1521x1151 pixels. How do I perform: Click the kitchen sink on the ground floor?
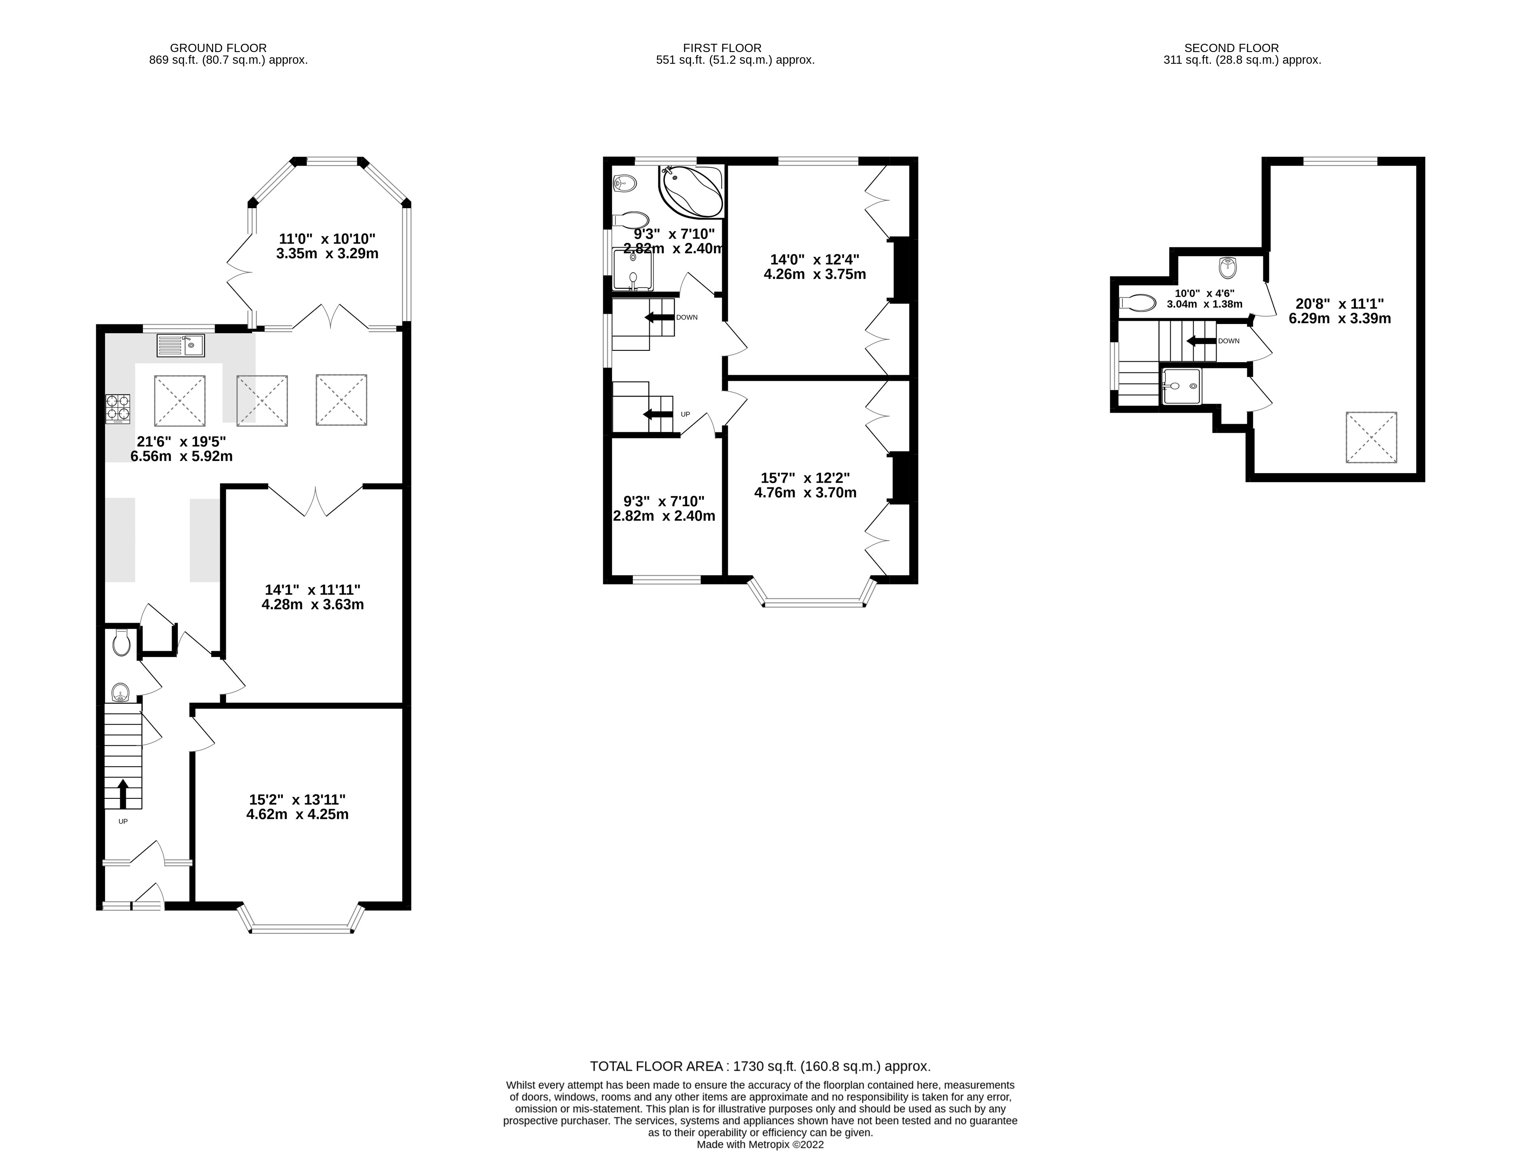pos(180,345)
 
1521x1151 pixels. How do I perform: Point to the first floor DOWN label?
pos(686,317)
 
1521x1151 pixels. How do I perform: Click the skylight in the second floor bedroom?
pos(1371,437)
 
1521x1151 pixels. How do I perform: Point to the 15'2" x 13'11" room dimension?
pos(297,807)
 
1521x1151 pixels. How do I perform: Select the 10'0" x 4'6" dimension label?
pos(1204,298)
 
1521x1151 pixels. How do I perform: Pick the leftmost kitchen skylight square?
pos(180,401)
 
